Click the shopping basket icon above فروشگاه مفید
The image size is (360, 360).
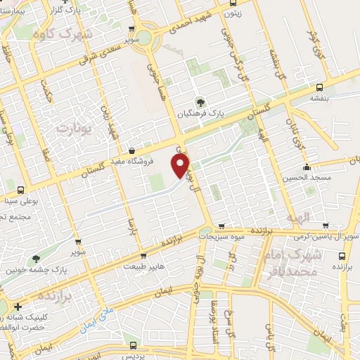(132, 150)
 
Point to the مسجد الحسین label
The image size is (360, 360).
(307, 179)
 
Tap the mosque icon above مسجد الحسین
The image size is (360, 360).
(307, 167)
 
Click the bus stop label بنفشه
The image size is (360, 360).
(321, 99)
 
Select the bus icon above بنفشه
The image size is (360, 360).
(321, 88)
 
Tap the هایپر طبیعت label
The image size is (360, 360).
(144, 266)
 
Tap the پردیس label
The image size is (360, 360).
(134, 356)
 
